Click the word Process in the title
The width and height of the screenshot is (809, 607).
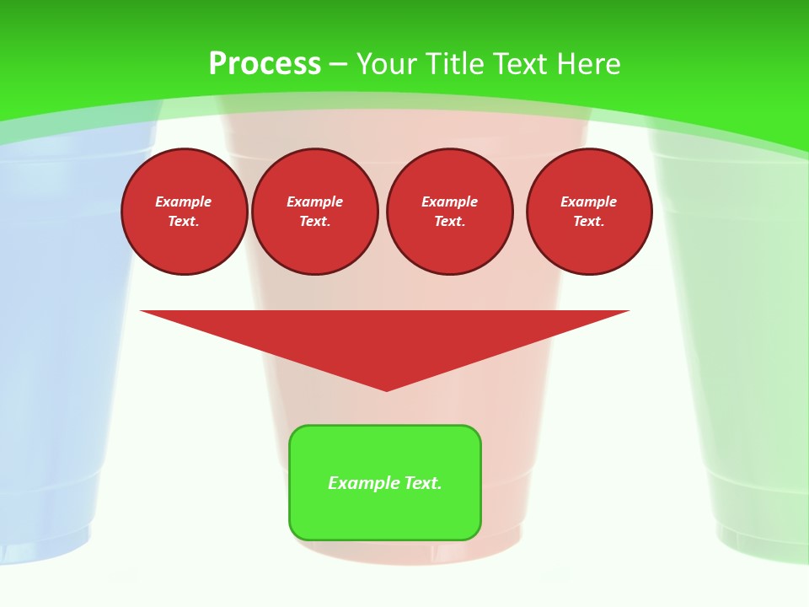265,64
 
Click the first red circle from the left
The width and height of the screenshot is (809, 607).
185,212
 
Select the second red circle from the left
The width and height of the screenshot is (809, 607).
315,212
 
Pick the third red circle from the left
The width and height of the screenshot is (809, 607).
450,212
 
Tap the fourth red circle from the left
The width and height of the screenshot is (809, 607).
589,212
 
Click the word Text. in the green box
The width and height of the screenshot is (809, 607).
423,483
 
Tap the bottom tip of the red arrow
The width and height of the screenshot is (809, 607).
387,389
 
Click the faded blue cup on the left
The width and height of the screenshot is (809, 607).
51,337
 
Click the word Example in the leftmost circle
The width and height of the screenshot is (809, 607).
184,201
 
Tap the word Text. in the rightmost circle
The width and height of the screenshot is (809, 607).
589,222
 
